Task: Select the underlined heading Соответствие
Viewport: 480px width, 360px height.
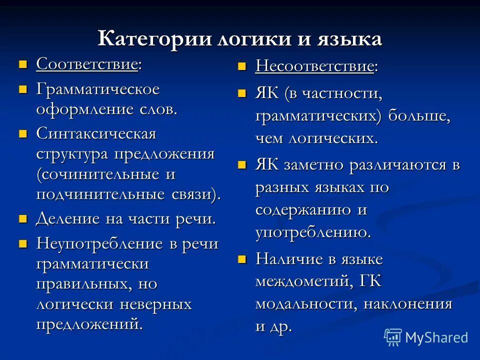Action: pos(87,64)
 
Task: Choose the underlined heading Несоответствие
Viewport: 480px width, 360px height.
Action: pos(314,66)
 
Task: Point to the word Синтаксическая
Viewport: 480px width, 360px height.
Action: pos(96,134)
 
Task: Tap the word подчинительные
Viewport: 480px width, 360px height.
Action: pos(98,194)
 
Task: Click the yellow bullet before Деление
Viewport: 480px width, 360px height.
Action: pos(22,219)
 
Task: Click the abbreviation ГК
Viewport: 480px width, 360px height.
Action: pos(370,281)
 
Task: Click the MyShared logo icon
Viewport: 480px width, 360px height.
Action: pos(393,336)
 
